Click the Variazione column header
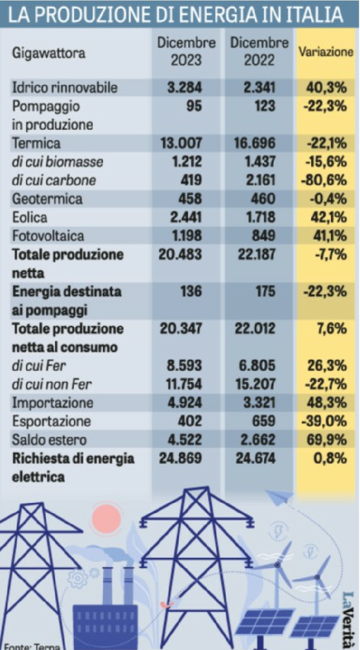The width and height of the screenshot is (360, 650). [x=326, y=52]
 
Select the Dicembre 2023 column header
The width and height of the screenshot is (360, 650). [x=187, y=52]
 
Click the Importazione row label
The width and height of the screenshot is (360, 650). [x=53, y=403]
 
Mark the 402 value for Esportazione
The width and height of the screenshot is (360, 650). [x=190, y=421]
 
